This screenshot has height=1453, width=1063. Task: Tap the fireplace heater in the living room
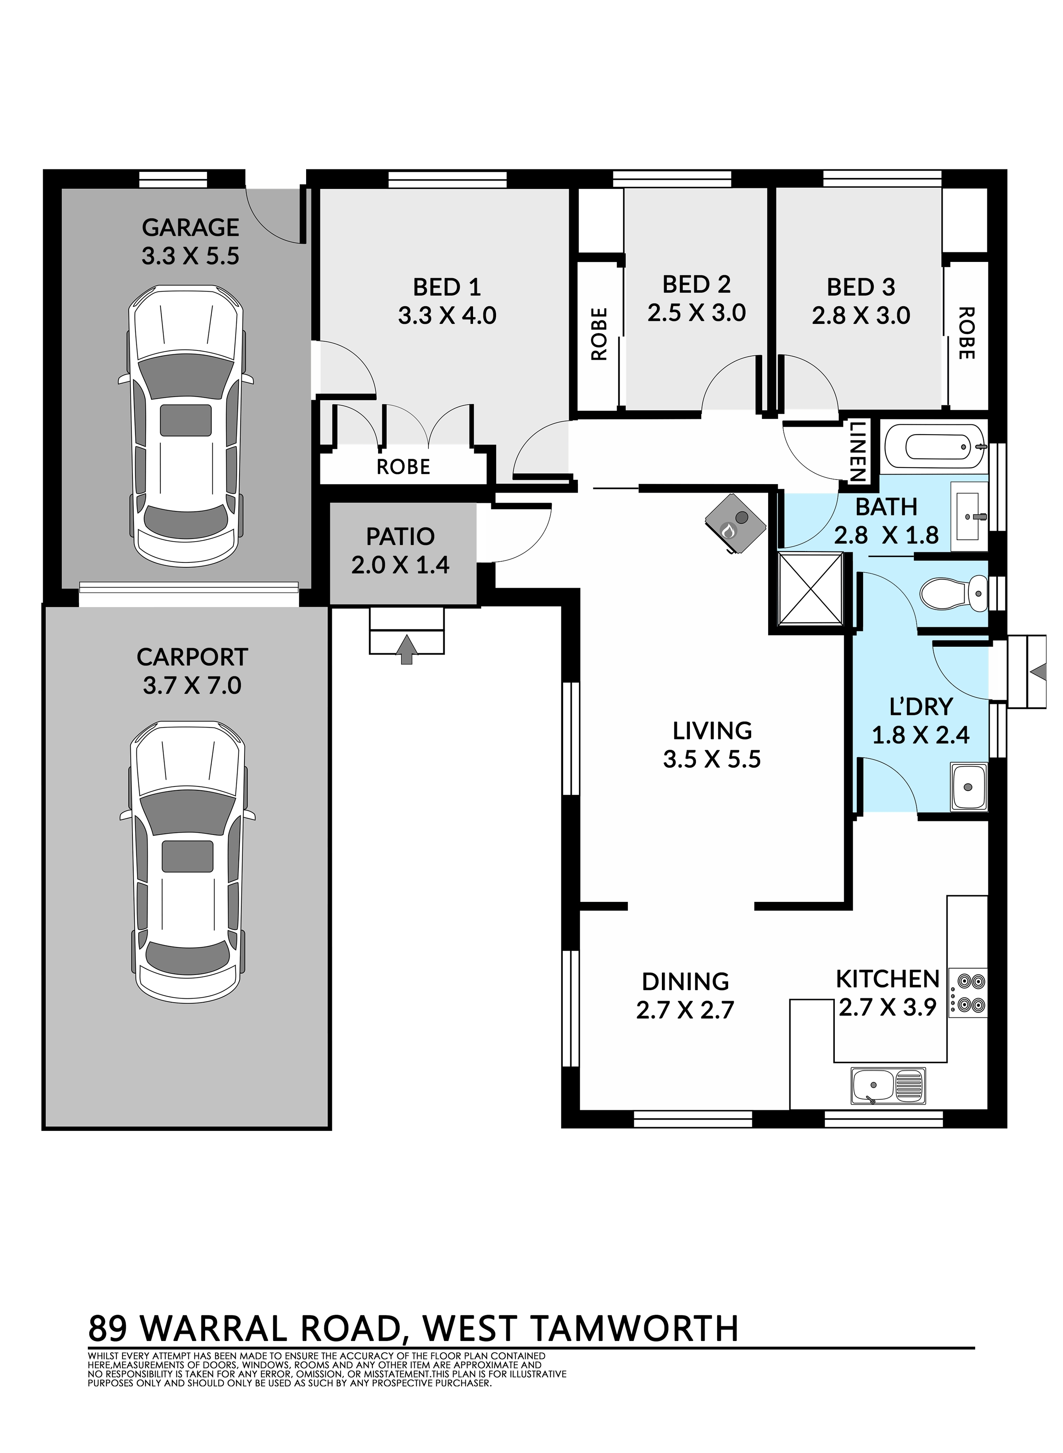tap(736, 523)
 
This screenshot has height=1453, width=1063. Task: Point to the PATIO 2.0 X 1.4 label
tap(400, 550)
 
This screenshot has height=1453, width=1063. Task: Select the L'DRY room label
tap(920, 707)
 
